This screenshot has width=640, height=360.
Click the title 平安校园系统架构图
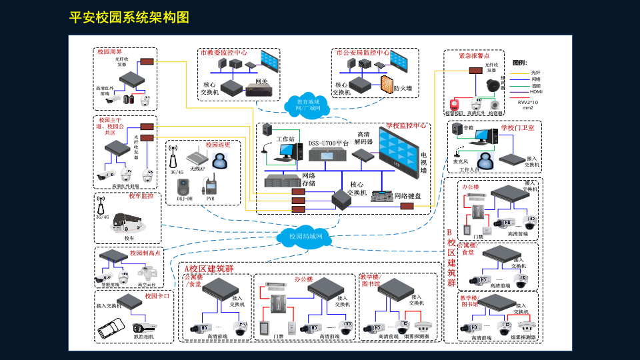point(129,17)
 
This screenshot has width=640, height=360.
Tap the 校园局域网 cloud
point(305,237)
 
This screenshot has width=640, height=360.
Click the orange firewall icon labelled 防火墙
point(387,83)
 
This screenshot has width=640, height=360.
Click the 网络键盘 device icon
point(381,197)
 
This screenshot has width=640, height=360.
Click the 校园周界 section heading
point(109,51)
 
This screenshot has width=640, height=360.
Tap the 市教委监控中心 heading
point(223,52)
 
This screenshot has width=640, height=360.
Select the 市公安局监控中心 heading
point(363,52)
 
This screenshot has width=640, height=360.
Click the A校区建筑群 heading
point(209,268)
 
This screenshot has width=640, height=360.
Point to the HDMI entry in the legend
point(536,91)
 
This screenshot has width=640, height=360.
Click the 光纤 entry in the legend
point(535,72)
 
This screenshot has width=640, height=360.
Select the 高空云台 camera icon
point(147,273)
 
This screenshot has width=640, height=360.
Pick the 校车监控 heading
point(141,196)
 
